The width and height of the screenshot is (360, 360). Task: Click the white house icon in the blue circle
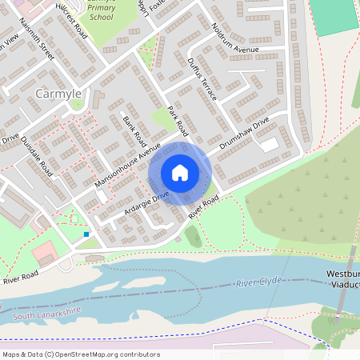click(x=180, y=173)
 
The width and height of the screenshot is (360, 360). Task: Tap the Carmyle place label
click(x=58, y=94)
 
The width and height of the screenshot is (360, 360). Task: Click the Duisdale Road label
click(x=38, y=152)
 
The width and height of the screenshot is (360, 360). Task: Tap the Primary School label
click(x=101, y=12)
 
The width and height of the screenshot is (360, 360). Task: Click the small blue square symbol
click(x=86, y=234)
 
